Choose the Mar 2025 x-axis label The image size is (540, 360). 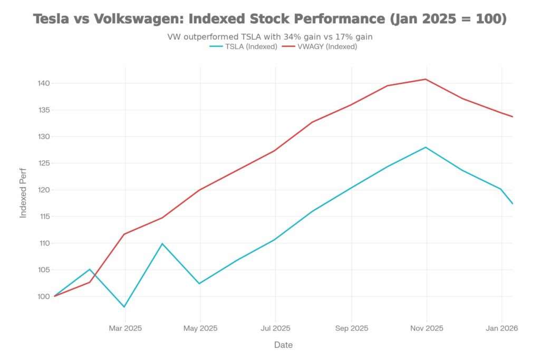pos(125,328)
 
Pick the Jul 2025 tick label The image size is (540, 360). pos(275,328)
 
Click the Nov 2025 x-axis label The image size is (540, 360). pos(427,328)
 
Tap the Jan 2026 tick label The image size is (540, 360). pos(502,328)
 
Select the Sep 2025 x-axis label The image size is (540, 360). pos(351,328)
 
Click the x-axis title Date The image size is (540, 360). pos(283,345)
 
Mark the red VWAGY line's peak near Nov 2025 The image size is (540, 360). pos(426,79)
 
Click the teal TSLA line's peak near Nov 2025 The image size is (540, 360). pos(426,147)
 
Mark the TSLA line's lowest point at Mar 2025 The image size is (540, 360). pos(124,307)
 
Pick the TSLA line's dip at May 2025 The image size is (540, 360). pos(199,284)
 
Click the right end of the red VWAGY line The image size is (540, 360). pos(512,116)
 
